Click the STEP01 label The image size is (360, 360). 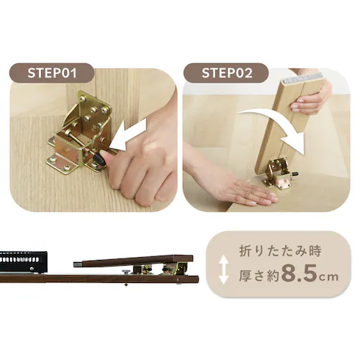pyautogui.click(x=52, y=73)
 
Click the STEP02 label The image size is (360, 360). pyautogui.click(x=227, y=73)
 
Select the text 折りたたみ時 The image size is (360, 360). pyautogui.click(x=280, y=251)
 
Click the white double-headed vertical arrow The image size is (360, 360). pyautogui.click(x=223, y=269)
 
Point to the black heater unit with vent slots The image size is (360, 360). pyautogui.click(x=23, y=262)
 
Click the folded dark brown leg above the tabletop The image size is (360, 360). pyautogui.click(x=133, y=261)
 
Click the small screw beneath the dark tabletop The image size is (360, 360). pyautogui.click(x=126, y=284)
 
